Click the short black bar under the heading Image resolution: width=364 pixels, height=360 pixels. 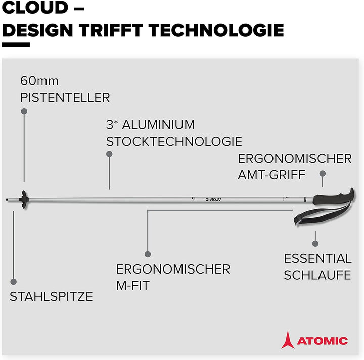point(16,45)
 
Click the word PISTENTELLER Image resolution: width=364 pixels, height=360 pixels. point(65,97)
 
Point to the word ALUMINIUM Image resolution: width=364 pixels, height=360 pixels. point(159,124)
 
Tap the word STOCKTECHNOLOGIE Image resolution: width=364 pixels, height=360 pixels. point(174,141)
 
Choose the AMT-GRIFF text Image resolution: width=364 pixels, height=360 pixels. point(271,175)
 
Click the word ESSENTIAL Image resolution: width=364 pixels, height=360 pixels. point(317,258)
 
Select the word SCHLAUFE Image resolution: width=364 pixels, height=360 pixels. point(317,275)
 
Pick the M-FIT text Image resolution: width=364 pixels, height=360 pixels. point(133,286)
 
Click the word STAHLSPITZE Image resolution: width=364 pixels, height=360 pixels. point(52,296)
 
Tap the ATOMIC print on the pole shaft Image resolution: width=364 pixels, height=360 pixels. point(214,199)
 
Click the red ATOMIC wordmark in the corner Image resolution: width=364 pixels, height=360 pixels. point(322,340)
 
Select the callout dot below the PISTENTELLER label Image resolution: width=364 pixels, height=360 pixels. point(23,110)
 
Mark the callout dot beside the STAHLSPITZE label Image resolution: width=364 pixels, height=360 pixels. point(14,281)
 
